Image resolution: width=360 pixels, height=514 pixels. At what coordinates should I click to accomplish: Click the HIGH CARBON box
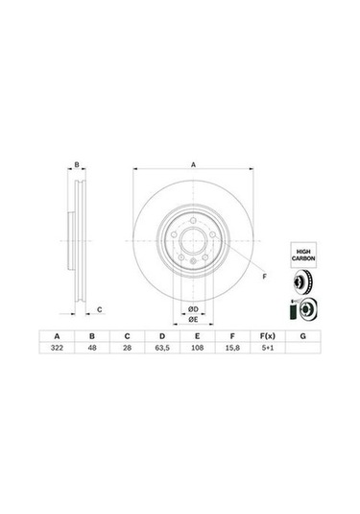[x=303, y=256]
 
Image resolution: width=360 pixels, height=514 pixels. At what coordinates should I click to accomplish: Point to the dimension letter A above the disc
[x=192, y=165]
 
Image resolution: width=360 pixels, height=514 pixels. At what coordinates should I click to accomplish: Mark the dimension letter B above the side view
[x=77, y=165]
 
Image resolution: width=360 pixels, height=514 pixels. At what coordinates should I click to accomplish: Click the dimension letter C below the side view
[x=100, y=308]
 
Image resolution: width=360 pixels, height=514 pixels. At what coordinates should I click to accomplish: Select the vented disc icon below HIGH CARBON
[x=303, y=283]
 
